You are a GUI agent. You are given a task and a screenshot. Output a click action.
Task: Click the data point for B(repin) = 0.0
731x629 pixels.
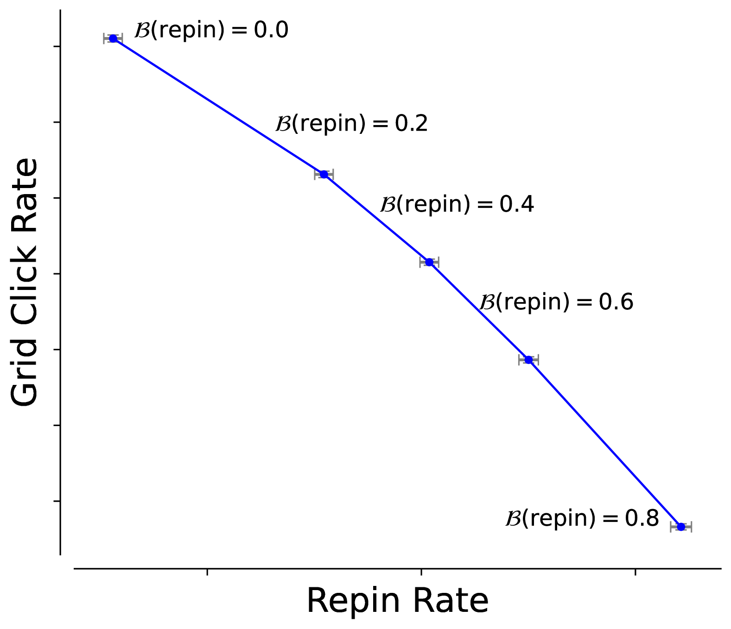point(113,38)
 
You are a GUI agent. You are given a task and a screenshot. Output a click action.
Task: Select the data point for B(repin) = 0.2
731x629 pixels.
point(324,174)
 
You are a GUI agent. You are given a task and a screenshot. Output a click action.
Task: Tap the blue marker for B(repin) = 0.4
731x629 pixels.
point(429,262)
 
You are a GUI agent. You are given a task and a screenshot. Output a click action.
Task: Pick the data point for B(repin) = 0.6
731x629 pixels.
point(528,359)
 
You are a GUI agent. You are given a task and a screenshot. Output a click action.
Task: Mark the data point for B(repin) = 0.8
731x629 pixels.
point(681,527)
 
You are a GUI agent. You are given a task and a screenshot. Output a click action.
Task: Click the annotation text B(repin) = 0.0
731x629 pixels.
point(211,31)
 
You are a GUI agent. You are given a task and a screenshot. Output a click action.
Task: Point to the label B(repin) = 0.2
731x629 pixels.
point(351,124)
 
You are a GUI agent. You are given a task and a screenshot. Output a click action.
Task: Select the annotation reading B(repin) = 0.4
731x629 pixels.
point(457,204)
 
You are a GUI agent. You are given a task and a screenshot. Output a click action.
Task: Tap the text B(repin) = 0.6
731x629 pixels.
point(556,302)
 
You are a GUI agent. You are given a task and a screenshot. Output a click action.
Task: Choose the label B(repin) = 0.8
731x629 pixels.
point(582,518)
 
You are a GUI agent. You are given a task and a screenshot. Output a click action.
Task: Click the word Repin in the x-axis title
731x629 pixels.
point(353,602)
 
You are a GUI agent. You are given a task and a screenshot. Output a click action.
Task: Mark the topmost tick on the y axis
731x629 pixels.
point(57,46)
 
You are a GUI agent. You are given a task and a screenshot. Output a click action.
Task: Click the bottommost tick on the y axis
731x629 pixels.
point(57,501)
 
